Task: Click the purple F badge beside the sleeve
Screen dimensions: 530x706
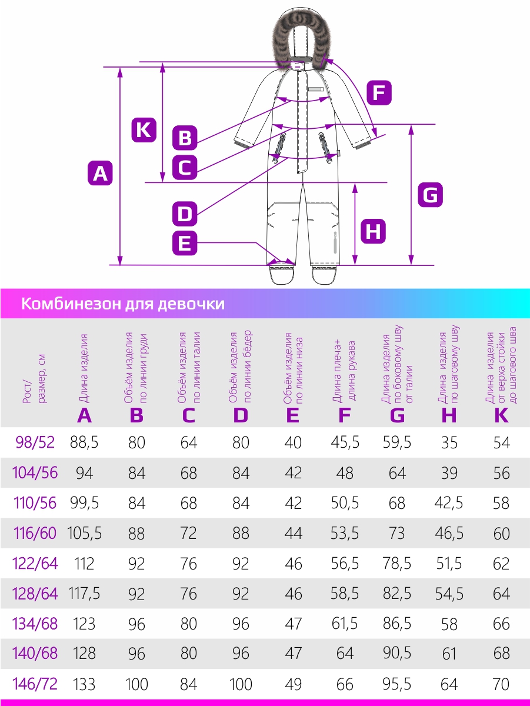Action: [379, 93]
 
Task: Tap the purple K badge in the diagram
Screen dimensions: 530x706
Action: [144, 130]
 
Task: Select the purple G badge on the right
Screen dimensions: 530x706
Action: [431, 195]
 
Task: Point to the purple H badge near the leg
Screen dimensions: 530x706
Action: [373, 231]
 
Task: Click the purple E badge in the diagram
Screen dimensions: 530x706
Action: [185, 243]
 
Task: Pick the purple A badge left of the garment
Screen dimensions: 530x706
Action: [100, 174]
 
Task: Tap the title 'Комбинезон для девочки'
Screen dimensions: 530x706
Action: [123, 304]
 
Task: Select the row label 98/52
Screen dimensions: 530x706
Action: [35, 442]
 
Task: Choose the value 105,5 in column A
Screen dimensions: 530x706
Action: [84, 533]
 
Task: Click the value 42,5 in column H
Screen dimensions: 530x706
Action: [449, 503]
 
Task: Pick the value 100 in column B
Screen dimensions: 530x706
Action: [136, 684]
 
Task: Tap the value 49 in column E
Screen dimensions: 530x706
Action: [293, 684]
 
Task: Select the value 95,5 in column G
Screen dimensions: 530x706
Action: [397, 684]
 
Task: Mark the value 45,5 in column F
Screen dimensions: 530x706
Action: [345, 442]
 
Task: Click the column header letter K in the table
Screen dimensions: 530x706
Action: [501, 415]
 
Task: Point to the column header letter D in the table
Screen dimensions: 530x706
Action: [241, 415]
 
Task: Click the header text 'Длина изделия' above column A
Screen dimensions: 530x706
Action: [84, 368]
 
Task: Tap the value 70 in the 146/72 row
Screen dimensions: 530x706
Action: [501, 684]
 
